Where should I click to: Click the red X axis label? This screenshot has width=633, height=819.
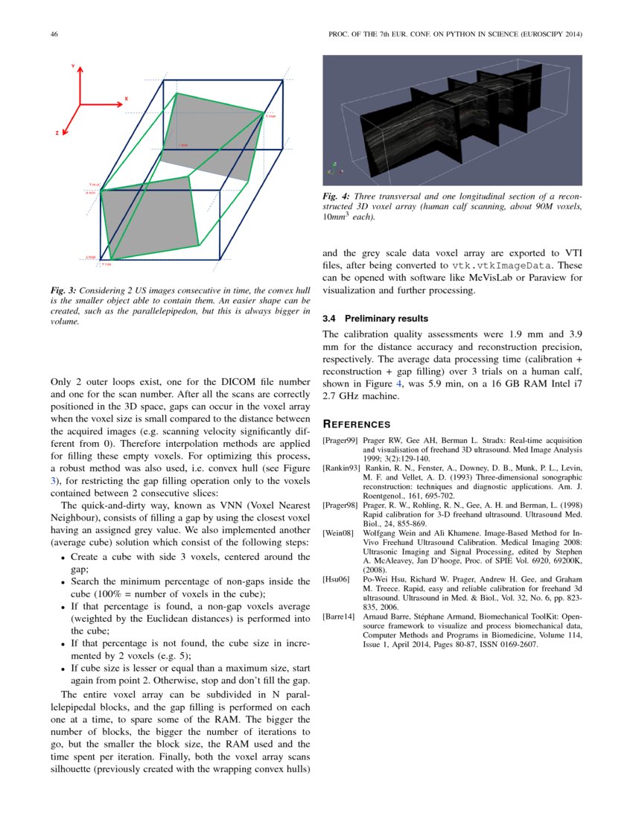click(127, 98)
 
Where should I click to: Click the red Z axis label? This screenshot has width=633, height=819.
click(57, 133)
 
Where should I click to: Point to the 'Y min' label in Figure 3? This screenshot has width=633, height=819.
click(106, 264)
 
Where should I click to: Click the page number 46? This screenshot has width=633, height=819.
click(54, 34)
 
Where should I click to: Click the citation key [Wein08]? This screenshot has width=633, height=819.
click(337, 534)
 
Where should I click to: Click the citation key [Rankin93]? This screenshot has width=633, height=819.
click(341, 468)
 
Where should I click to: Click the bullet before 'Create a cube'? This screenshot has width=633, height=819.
click(63, 558)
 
